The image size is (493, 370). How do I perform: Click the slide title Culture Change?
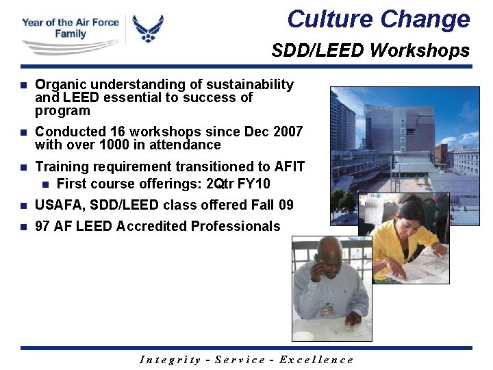pos(379,19)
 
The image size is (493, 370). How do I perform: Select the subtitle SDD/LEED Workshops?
pos(370,51)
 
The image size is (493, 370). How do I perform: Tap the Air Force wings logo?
pos(148,29)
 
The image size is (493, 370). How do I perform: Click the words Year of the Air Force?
pos(70,22)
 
